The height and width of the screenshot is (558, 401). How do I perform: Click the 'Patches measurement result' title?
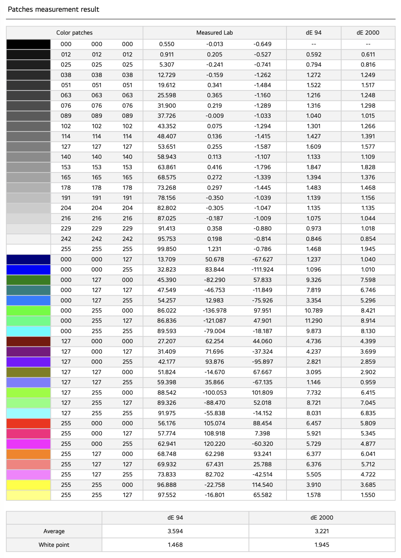pyautogui.click(x=53, y=9)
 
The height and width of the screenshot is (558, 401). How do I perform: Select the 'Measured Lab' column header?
pyautogui.click(x=214, y=33)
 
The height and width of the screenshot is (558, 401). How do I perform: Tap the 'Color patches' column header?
pyautogui.click(x=74, y=33)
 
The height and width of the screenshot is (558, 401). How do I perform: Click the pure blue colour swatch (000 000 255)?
pyautogui.click(x=28, y=270)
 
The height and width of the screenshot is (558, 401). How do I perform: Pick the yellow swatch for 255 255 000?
pyautogui.click(x=28, y=485)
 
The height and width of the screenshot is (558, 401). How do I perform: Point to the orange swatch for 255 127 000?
pyautogui.click(x=28, y=454)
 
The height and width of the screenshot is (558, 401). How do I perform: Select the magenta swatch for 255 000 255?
pyautogui.click(x=28, y=444)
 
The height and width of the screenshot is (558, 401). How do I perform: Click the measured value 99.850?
pyautogui.click(x=167, y=249)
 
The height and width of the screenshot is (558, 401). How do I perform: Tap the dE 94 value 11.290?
pyautogui.click(x=313, y=321)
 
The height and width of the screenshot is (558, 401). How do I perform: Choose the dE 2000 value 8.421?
pyautogui.click(x=368, y=311)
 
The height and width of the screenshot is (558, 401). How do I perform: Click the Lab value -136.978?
pyautogui.click(x=214, y=311)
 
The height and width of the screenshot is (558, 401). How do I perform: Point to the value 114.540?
pyautogui.click(x=262, y=485)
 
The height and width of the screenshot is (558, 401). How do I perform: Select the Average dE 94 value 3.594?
pyautogui.click(x=175, y=531)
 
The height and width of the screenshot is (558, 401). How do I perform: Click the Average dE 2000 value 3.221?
pyautogui.click(x=322, y=531)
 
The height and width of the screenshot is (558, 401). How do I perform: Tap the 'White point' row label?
pyautogui.click(x=54, y=545)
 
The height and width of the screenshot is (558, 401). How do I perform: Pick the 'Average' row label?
pyautogui.click(x=54, y=531)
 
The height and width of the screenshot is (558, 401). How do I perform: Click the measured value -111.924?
pyautogui.click(x=262, y=270)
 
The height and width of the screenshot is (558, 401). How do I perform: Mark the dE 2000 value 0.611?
pyautogui.click(x=368, y=54)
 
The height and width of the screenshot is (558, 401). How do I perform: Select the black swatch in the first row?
pyautogui.click(x=28, y=44)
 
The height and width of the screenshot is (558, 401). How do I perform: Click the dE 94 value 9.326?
pyautogui.click(x=313, y=280)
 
